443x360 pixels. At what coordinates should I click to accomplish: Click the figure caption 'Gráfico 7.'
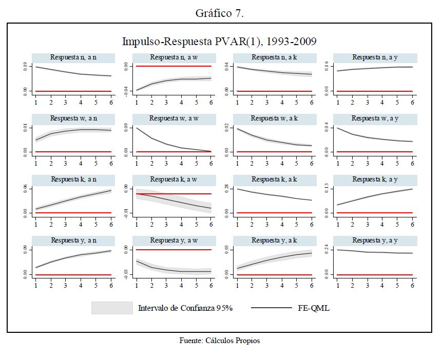point(219,14)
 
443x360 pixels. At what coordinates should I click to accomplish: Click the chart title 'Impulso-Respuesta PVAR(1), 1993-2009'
point(219,41)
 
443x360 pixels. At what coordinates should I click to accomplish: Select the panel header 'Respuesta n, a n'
point(73,57)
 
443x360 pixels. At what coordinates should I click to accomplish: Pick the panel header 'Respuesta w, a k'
point(275,118)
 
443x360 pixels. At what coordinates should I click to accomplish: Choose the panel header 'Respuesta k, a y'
point(375,179)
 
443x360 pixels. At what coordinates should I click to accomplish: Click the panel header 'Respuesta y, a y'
point(375,241)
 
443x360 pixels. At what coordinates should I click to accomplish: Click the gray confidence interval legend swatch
point(112,308)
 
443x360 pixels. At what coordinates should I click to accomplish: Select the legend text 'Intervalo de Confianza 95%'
point(185,308)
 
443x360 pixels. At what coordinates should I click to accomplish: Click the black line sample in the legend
point(272,308)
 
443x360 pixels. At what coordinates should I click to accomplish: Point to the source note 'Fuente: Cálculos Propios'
point(220,341)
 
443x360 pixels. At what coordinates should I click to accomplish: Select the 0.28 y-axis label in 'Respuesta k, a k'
point(226,189)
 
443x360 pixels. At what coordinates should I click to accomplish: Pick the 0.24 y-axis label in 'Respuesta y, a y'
point(327,251)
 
